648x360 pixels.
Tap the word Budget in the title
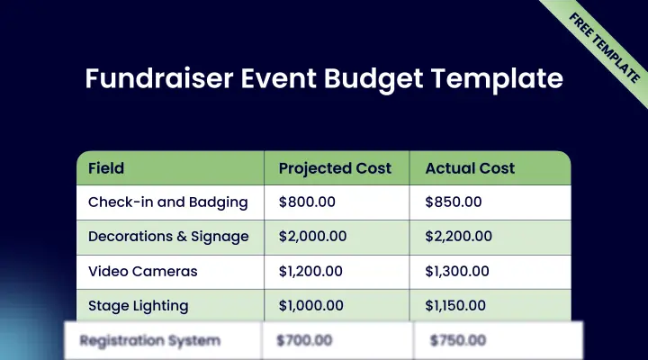tap(382, 78)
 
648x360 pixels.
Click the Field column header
tap(106, 168)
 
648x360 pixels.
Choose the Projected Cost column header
tap(335, 168)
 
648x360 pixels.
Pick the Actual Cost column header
tap(470, 168)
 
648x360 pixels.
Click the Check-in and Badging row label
tap(167, 202)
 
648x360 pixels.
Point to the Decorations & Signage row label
tap(168, 237)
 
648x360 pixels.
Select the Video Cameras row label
tap(142, 271)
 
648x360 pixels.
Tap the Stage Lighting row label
tap(138, 305)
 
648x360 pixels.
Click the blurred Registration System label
tap(149, 341)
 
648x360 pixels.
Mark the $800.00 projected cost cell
tap(307, 202)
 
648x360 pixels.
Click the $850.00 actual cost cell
tap(453, 202)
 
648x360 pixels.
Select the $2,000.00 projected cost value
tap(312, 237)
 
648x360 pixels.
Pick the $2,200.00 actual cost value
tap(458, 237)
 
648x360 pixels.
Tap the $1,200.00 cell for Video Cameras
tap(311, 271)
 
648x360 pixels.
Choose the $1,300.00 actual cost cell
tap(457, 271)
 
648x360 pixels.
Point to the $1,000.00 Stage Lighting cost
tap(311, 305)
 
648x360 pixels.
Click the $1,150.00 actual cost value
tap(455, 305)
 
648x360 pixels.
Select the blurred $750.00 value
tap(458, 341)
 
